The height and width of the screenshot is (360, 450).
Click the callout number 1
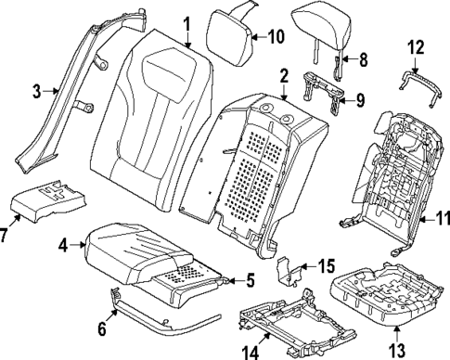186,24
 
